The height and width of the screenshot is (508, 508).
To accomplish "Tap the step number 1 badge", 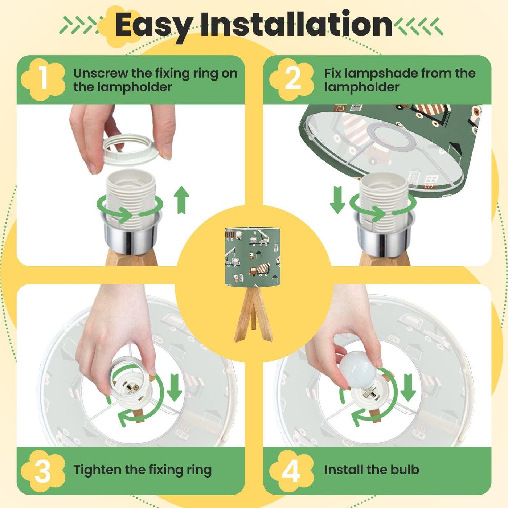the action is pos(43,79).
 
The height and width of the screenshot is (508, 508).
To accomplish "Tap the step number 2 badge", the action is pos(292,79).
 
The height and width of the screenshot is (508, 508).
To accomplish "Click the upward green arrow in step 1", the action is pos(181,200).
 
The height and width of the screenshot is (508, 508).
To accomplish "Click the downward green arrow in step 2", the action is pos(337,200).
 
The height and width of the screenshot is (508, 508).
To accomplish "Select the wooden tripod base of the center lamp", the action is pos(253,314).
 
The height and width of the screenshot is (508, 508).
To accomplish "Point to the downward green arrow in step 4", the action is pos(408,387).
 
